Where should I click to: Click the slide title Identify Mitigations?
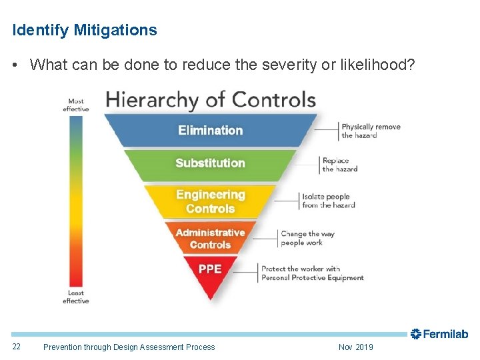(85, 30)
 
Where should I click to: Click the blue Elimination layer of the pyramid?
(210, 130)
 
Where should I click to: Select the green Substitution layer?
(210, 163)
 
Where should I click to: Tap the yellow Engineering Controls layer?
(210, 201)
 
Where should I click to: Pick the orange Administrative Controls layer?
(210, 239)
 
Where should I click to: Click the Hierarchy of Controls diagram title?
(211, 100)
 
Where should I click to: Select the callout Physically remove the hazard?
(371, 131)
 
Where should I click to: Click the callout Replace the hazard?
(339, 165)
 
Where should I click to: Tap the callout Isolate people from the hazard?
(328, 201)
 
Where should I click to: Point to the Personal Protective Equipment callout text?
(312, 273)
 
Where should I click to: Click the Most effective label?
(76, 105)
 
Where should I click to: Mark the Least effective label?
(76, 297)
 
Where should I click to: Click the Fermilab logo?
(439, 334)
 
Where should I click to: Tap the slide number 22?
(17, 347)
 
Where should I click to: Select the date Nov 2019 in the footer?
(356, 347)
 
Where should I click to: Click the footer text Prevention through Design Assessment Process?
(129, 347)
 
